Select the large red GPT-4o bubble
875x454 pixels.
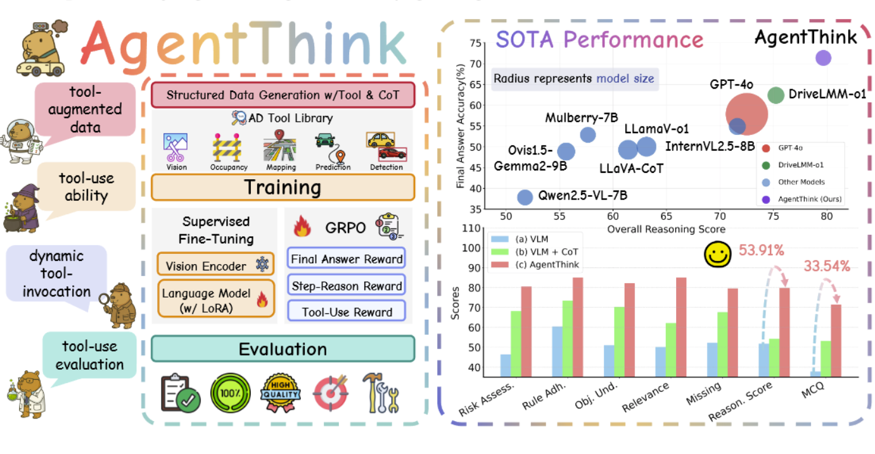point(746,114)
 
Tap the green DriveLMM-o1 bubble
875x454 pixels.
point(776,95)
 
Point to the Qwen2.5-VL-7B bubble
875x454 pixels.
point(525,197)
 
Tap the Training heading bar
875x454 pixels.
point(283,187)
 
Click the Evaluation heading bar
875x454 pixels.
point(283,349)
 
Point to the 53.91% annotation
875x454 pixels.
point(762,250)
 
